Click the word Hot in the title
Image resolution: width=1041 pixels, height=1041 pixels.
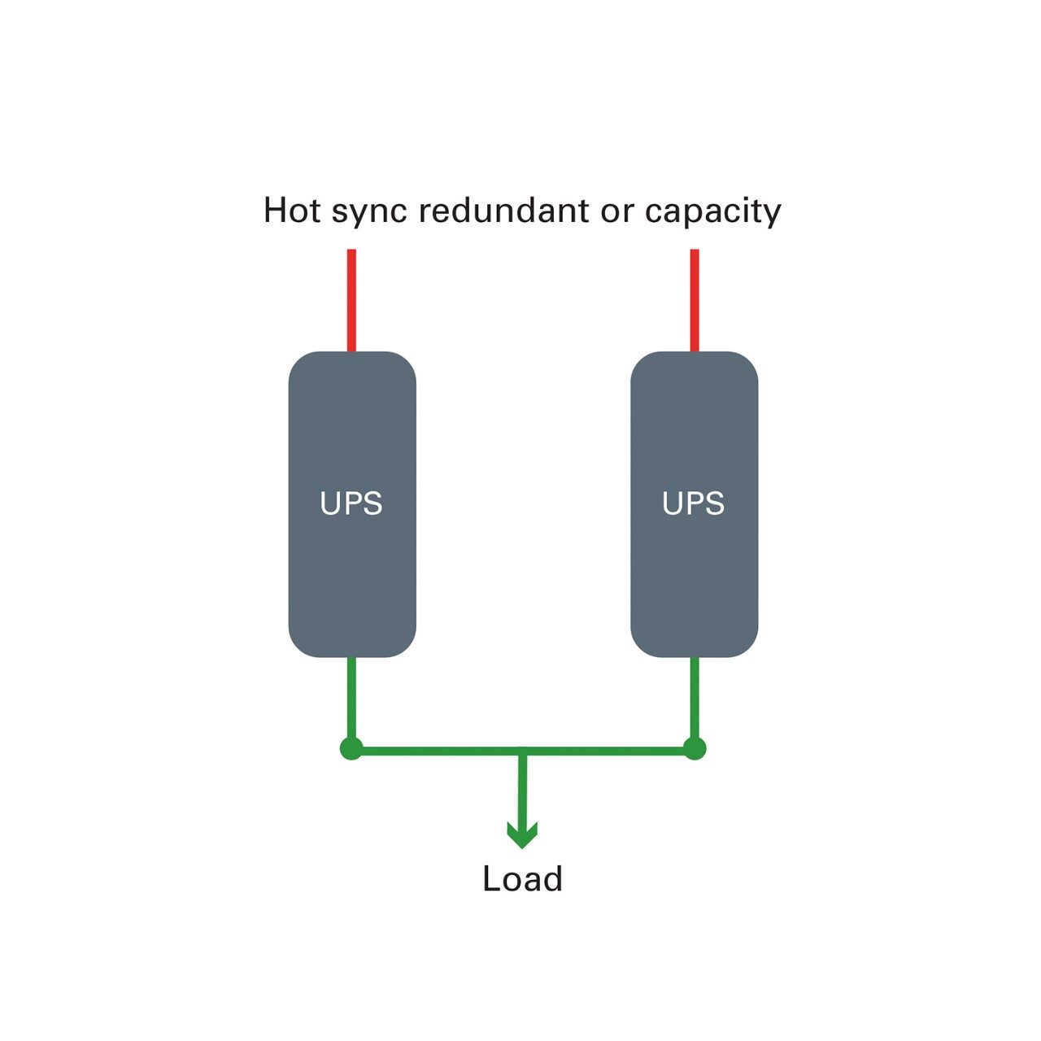pos(292,210)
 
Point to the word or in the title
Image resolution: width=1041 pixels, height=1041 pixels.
pos(618,211)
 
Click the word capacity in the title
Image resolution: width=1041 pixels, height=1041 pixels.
pos(712,211)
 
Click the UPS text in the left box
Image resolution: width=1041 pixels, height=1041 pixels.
pos(351,504)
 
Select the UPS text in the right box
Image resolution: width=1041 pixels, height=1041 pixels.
pos(694,504)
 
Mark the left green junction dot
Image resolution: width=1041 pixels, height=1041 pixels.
pos(351,749)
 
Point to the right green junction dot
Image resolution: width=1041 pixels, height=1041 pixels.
pos(695,749)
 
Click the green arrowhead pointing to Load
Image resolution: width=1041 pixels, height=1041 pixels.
pos(522,834)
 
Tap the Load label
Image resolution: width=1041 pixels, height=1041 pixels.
pos(522,879)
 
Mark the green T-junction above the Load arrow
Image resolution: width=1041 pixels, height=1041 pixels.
pos(522,751)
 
